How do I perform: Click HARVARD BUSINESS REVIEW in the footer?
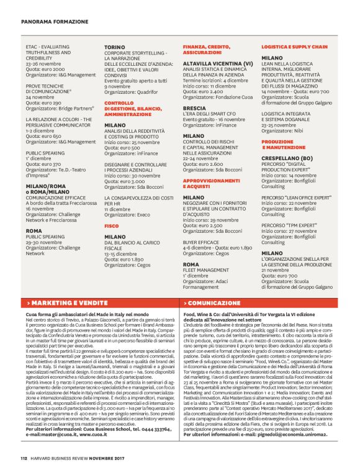[61, 458]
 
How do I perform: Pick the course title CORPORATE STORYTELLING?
[135, 53]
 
